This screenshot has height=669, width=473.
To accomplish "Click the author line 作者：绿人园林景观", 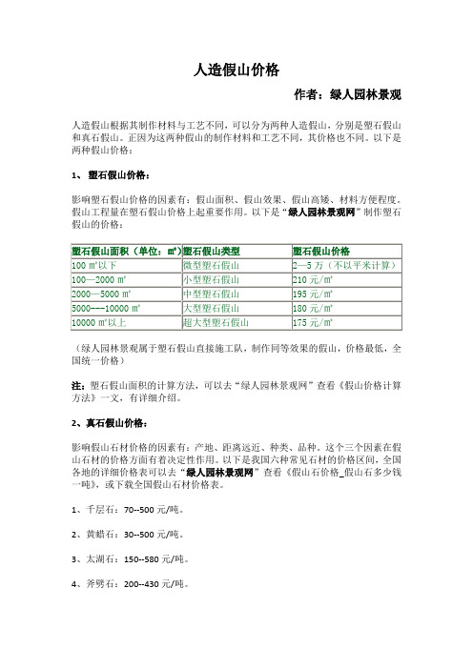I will click(x=349, y=95).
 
